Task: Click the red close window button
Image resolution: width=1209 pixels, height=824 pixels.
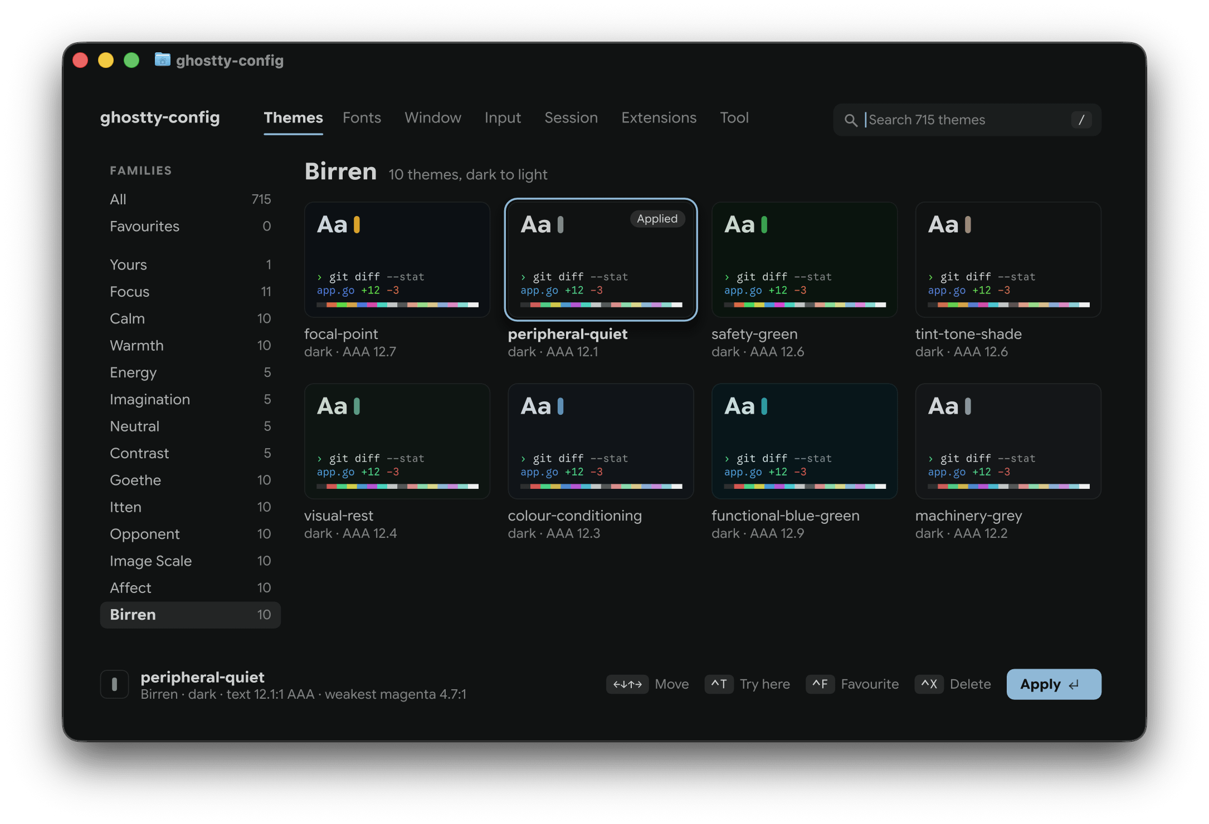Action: [80, 60]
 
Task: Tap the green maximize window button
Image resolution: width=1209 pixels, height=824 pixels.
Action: [131, 60]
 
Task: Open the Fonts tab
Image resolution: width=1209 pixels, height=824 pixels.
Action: [362, 117]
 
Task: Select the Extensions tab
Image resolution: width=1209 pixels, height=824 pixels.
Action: [659, 117]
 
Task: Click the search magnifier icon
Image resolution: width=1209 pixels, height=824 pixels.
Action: [850, 120]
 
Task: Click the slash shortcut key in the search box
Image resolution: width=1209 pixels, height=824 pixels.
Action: [1081, 120]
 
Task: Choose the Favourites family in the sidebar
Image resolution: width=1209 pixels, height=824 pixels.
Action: [144, 226]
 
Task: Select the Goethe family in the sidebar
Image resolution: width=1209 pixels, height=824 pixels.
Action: [135, 480]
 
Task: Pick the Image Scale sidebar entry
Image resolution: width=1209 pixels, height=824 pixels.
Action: [150, 561]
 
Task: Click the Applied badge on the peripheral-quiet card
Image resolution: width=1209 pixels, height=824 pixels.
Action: [657, 219]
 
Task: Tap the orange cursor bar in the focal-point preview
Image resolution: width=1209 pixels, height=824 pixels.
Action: [357, 225]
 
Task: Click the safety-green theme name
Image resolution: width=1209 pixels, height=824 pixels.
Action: [754, 334]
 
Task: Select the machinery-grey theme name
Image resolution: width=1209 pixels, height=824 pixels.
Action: [968, 516]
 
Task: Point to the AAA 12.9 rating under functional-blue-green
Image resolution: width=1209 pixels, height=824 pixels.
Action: [777, 533]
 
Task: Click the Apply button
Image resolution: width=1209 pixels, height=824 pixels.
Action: [1054, 684]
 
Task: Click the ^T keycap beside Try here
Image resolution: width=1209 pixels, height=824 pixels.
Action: [719, 684]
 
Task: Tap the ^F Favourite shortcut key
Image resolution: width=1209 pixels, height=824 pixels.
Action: [820, 684]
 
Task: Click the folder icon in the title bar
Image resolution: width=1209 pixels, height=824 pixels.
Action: [162, 59]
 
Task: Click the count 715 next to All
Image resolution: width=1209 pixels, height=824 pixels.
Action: [261, 199]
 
